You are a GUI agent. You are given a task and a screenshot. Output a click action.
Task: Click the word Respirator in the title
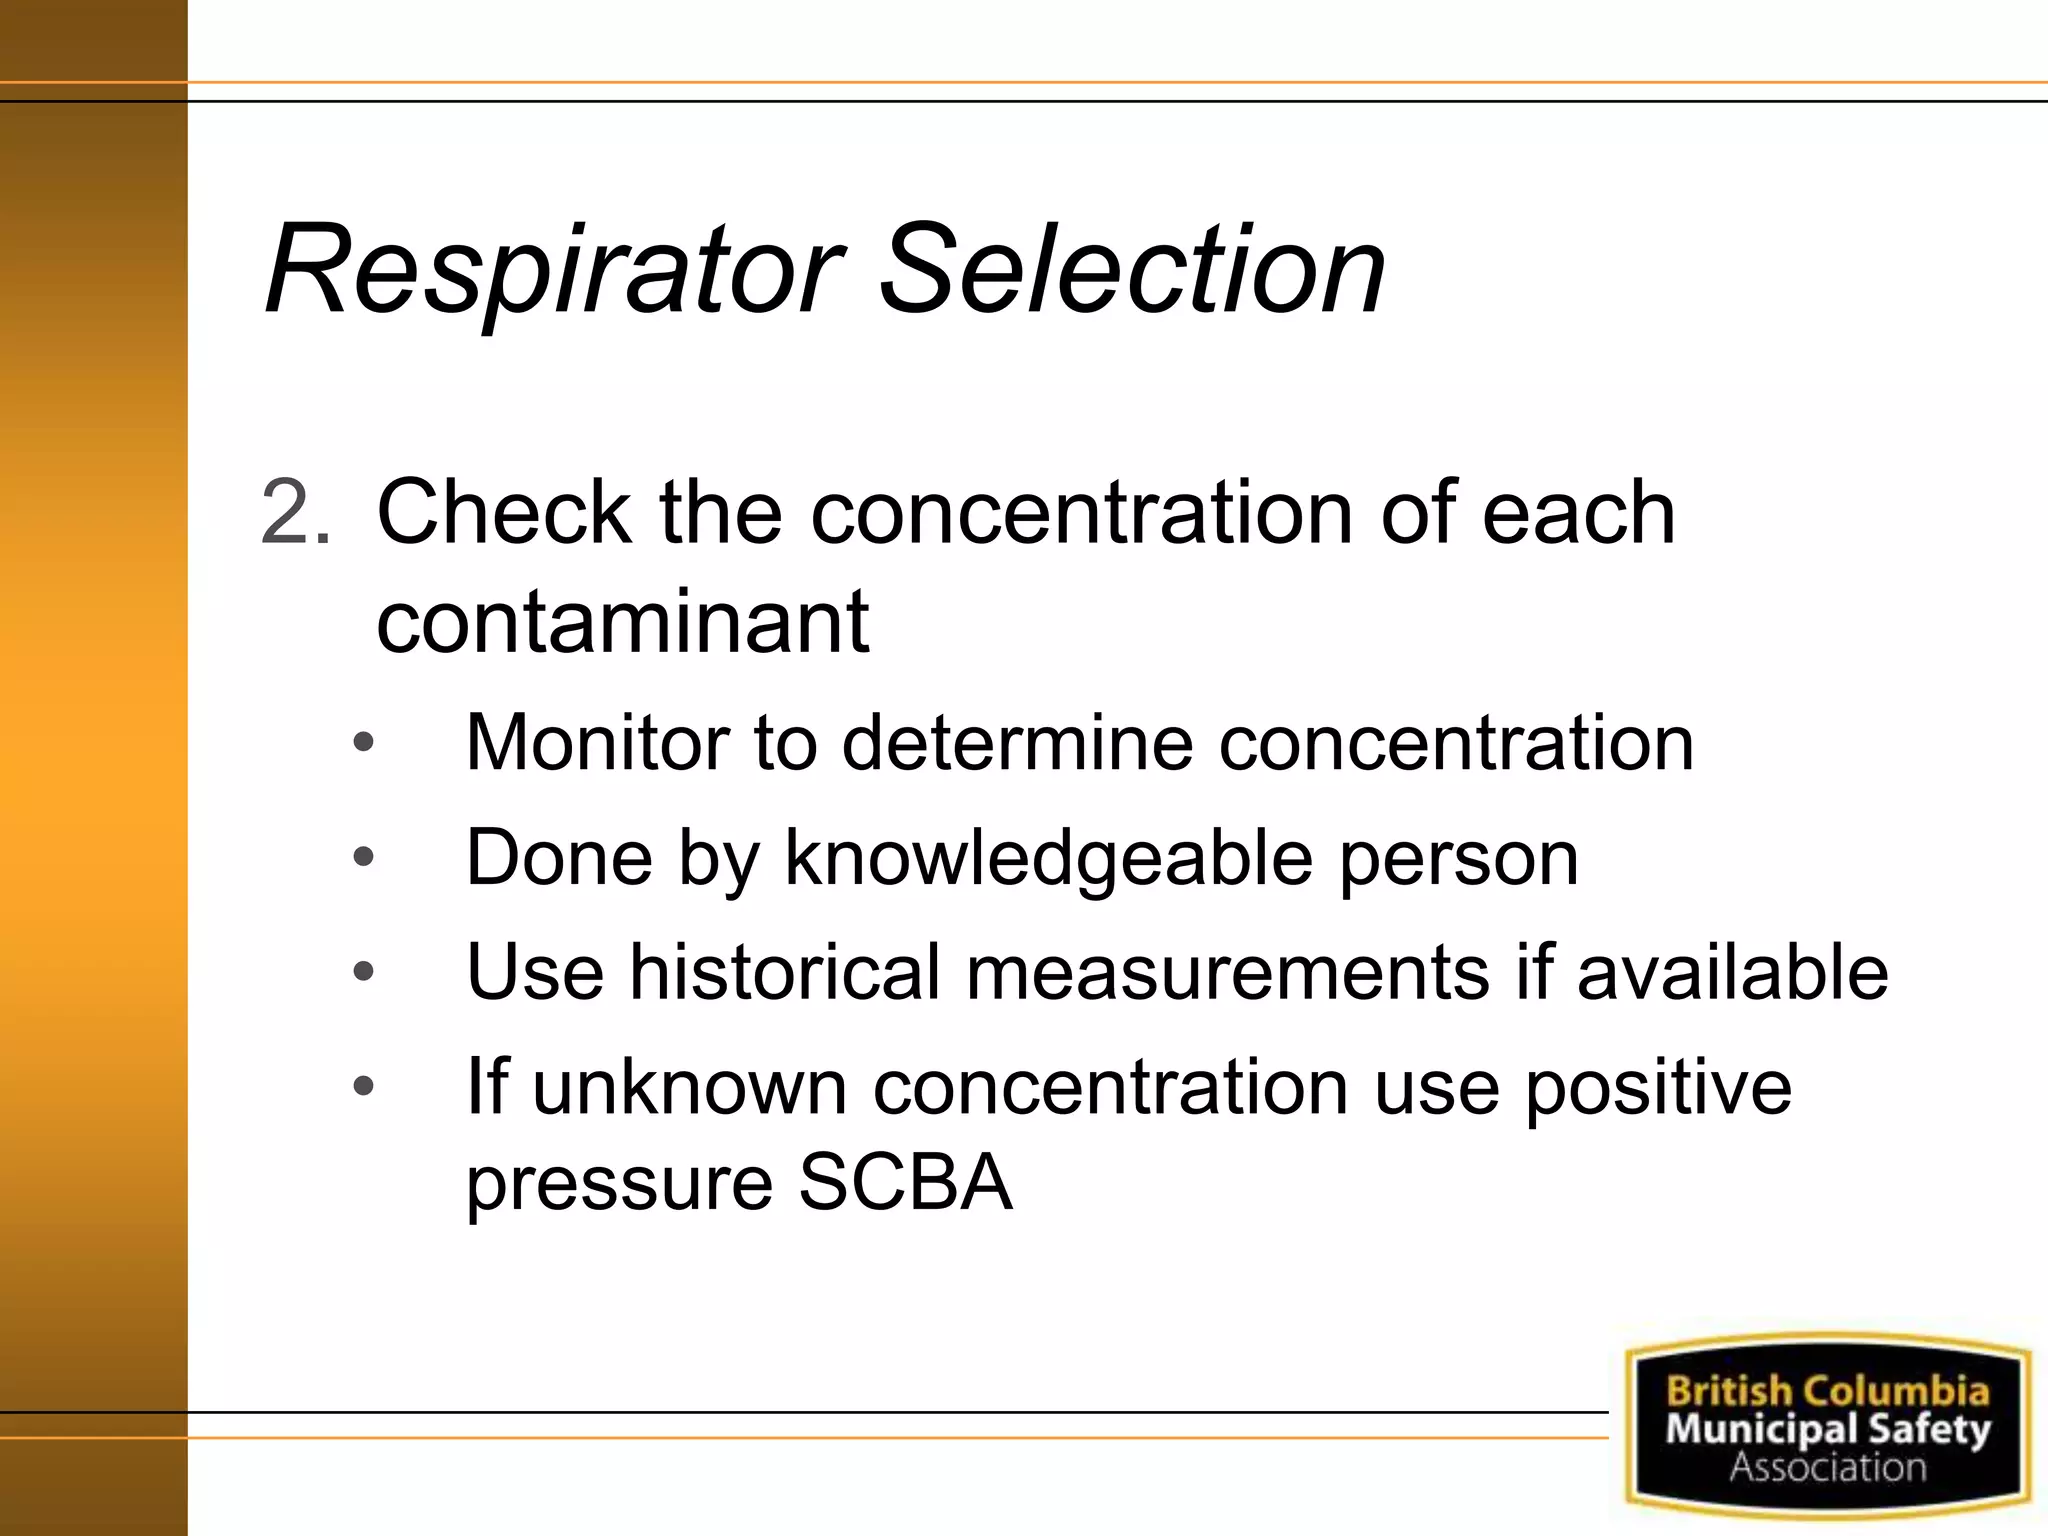(552, 270)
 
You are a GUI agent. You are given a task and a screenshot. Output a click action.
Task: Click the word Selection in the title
(1132, 270)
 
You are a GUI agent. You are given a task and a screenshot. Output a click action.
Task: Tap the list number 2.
(294, 512)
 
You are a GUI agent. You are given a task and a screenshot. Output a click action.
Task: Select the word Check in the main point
(504, 512)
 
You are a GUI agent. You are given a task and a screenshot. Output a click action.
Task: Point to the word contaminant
(622, 622)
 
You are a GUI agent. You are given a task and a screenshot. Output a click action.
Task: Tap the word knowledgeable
(1047, 858)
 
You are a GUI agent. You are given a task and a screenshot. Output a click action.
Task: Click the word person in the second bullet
(1458, 858)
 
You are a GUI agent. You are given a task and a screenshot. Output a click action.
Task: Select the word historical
(785, 972)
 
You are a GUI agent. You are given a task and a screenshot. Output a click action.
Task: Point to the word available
(1732, 972)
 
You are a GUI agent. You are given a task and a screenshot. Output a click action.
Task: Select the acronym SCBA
(905, 1182)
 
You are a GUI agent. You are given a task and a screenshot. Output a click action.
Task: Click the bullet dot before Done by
(364, 857)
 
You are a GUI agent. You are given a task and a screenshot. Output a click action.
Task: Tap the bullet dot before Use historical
(364, 971)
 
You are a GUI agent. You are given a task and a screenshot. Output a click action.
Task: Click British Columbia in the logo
(1827, 1390)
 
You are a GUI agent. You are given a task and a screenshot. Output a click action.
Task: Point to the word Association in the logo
(1827, 1467)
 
